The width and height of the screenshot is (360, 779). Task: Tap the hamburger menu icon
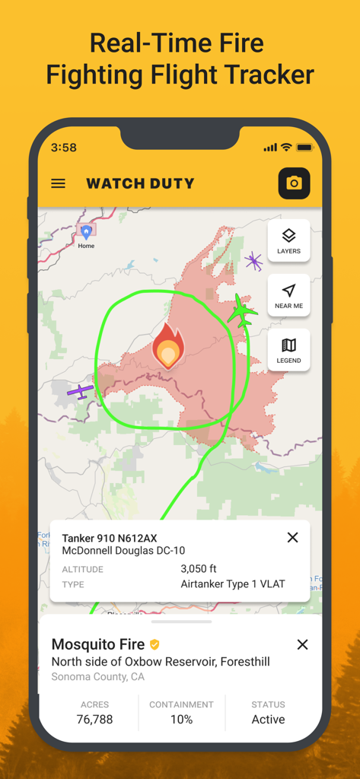pos(58,183)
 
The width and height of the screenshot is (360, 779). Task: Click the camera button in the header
pos(294,183)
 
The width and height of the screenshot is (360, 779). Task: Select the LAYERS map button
pos(288,240)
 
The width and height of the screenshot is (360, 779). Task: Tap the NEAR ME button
pos(288,295)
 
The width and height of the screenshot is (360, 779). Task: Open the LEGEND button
pos(288,350)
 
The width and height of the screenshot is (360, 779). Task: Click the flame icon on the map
pos(168,346)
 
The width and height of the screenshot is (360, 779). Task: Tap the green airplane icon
pos(242,311)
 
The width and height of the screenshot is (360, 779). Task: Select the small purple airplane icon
pos(80,391)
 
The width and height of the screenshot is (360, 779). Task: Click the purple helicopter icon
pos(253,262)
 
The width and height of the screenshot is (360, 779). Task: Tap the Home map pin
pos(86,231)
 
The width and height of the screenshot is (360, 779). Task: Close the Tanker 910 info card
pos(292,538)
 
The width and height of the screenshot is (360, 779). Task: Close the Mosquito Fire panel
pos(302,645)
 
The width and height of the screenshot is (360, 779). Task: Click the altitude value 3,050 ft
pos(199,569)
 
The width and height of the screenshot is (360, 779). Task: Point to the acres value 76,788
pos(94,720)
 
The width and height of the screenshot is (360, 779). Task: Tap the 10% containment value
pos(181,720)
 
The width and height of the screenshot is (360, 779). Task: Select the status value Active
pos(268,720)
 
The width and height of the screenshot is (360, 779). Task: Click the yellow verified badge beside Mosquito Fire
pos(155,645)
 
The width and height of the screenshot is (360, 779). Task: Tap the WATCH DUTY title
pos(140,183)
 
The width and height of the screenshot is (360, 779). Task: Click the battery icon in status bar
pos(304,148)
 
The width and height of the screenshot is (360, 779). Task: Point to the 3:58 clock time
pos(64,148)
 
